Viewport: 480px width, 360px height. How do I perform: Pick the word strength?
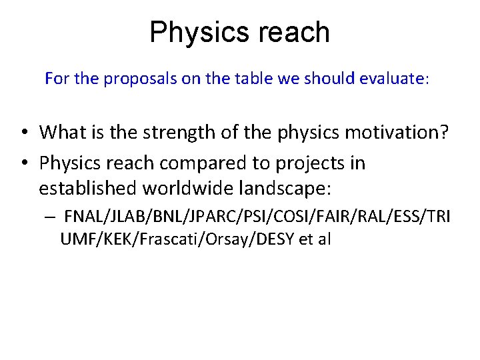[179, 132]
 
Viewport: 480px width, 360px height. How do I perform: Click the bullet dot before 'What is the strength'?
[23, 133]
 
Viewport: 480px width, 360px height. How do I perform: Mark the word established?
[87, 189]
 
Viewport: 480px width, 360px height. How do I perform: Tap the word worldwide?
[189, 189]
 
